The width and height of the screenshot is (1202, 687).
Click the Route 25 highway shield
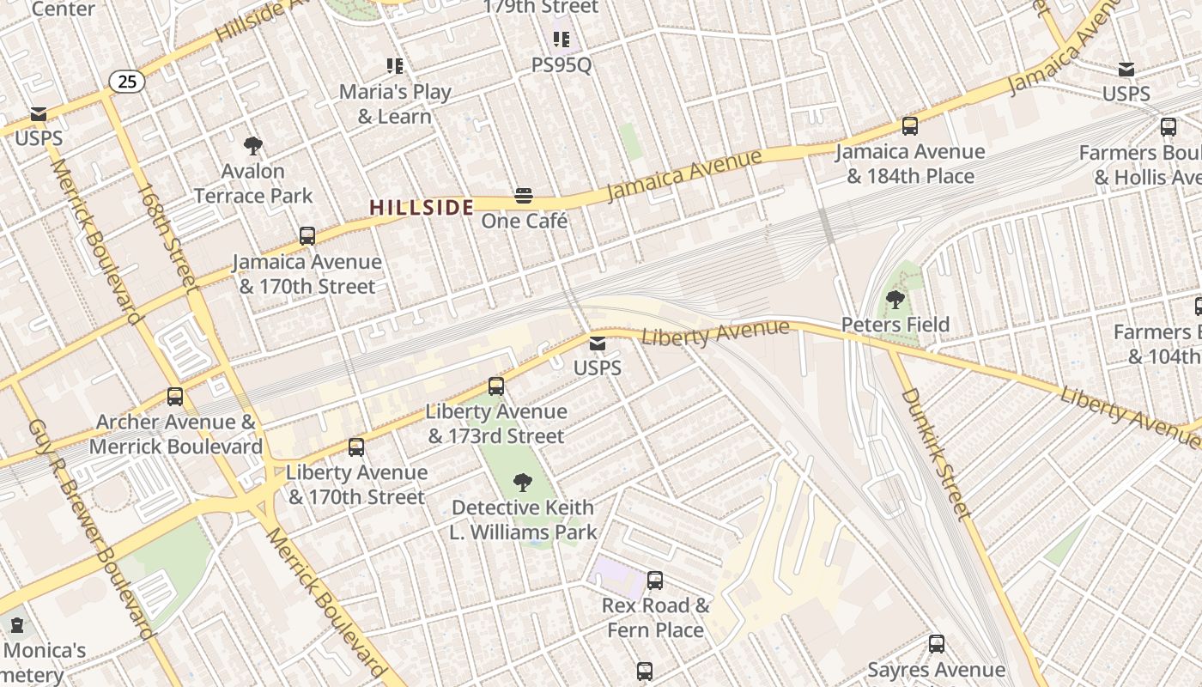click(x=126, y=82)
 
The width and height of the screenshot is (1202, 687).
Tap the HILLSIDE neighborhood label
click(x=421, y=208)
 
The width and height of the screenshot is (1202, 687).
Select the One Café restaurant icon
click(x=524, y=196)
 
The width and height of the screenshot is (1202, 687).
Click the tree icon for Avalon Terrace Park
click(x=252, y=146)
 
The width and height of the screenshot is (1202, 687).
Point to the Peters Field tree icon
click(x=895, y=300)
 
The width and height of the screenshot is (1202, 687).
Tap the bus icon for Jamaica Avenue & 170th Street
click(x=307, y=236)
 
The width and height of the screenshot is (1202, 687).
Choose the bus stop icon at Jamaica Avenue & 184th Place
click(x=910, y=126)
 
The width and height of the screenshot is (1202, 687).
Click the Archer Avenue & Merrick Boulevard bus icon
click(x=175, y=397)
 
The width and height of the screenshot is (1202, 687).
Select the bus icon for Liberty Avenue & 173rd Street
click(x=495, y=386)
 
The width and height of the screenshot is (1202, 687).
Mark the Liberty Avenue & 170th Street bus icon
click(x=356, y=447)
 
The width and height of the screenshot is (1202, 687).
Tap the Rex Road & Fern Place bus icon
click(x=655, y=581)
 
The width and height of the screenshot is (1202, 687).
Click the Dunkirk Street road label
click(x=935, y=454)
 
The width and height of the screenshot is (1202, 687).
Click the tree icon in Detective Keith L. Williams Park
click(x=522, y=483)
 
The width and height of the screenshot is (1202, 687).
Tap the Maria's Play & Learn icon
click(x=395, y=65)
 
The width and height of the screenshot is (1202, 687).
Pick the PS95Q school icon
click(x=562, y=39)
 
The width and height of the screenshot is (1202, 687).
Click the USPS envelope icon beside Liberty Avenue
click(x=598, y=343)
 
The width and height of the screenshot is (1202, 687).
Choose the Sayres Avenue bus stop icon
click(x=937, y=644)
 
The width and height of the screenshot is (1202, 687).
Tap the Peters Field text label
click(x=895, y=325)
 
